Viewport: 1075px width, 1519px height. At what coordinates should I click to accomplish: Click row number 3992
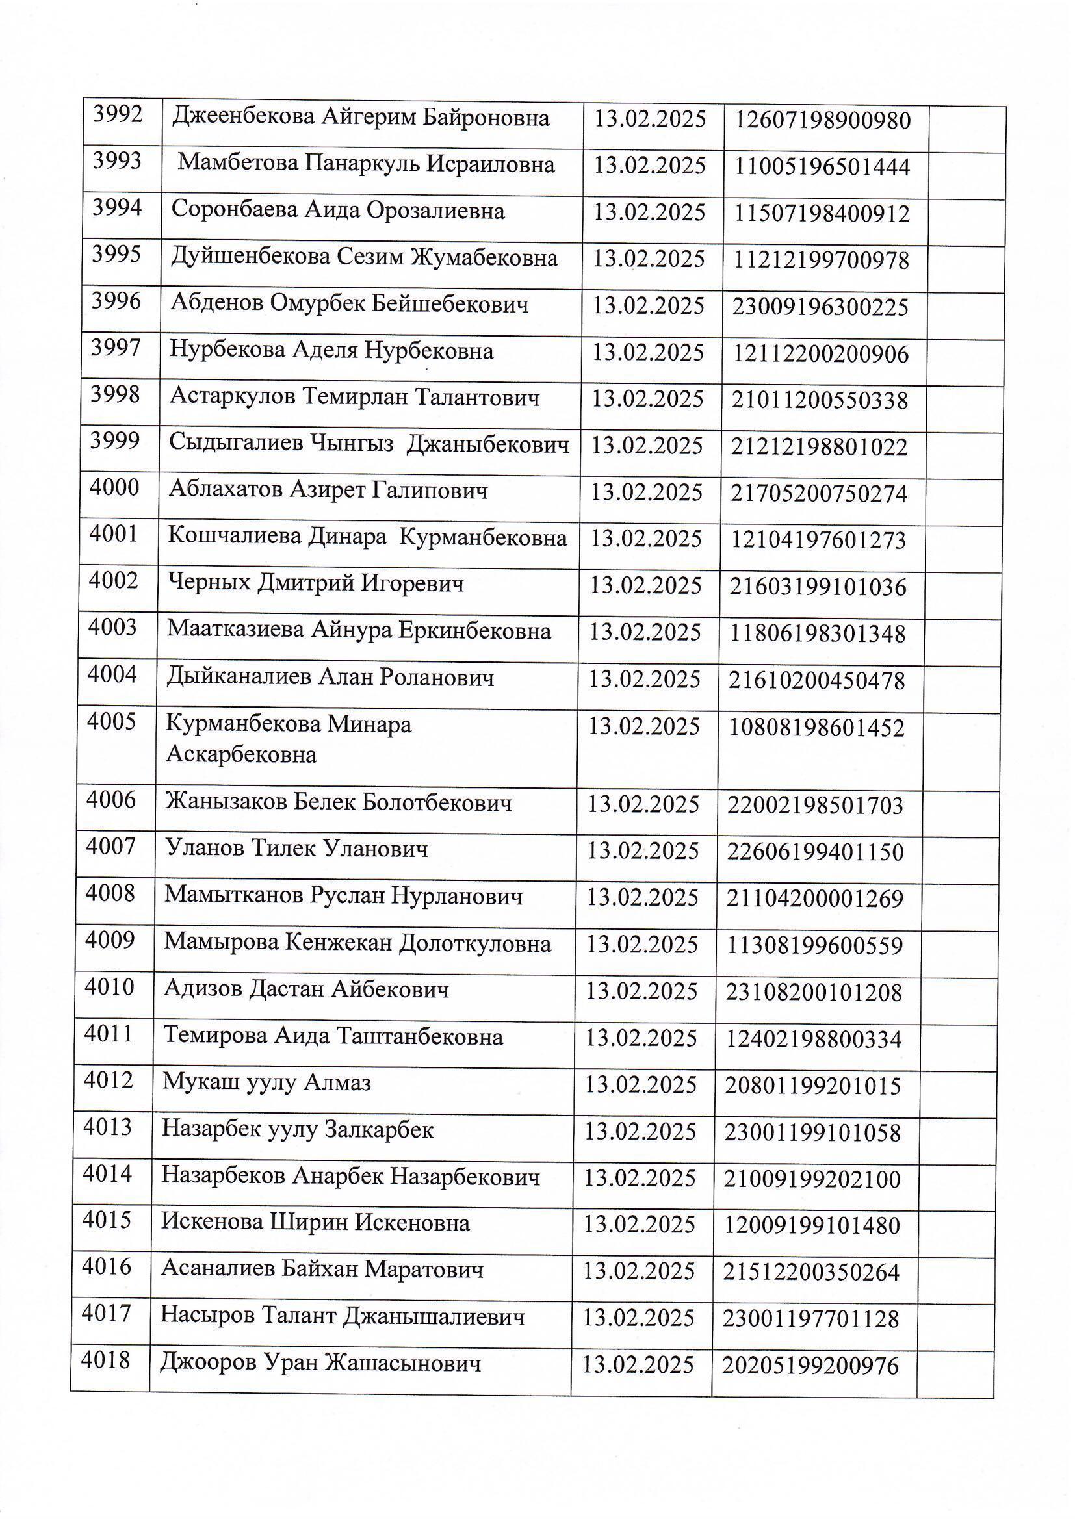pos(118,115)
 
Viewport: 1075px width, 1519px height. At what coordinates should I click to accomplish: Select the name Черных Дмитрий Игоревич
pos(315,584)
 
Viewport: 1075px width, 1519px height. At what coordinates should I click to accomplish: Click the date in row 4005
pos(643,727)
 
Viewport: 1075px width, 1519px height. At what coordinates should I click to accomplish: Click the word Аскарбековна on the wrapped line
pos(241,755)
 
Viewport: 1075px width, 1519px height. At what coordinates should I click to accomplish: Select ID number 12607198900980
pos(823,121)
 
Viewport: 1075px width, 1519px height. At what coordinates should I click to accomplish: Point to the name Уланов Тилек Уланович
pos(296,849)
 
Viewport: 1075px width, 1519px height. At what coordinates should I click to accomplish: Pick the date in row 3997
pos(647,353)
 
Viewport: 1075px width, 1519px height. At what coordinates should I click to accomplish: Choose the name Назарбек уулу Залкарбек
pos(297,1130)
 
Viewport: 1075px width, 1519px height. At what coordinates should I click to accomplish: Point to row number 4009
pos(110,940)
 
